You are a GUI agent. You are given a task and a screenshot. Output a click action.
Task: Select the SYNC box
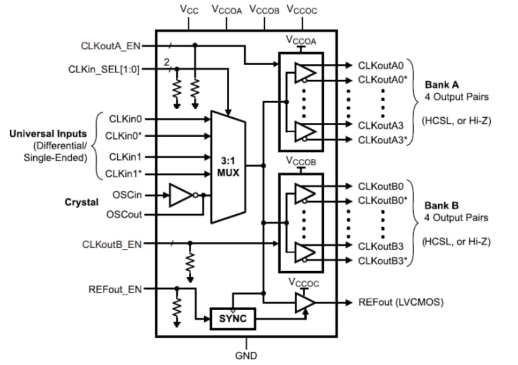coord(232,318)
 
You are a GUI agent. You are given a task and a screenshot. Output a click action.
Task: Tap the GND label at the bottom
coord(246,356)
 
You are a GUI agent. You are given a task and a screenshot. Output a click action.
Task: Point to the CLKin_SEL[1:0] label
coord(104,69)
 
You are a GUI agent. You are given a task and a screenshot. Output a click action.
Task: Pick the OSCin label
coord(127,194)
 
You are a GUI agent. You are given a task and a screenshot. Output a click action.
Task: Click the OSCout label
coord(125,214)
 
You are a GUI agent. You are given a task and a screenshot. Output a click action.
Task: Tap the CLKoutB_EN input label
coord(112,244)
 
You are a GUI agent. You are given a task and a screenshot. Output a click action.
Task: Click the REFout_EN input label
coord(115,289)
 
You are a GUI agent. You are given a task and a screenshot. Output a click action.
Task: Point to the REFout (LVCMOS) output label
coord(401,302)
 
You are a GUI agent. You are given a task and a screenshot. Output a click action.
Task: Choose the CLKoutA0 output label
coord(381,66)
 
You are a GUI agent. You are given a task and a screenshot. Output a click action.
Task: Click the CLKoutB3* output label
coord(383,260)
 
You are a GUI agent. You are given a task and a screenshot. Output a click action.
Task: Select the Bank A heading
coord(441,85)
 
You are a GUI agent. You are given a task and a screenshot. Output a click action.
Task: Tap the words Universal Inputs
coord(48,133)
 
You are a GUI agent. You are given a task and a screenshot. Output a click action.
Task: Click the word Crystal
coord(81,202)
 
